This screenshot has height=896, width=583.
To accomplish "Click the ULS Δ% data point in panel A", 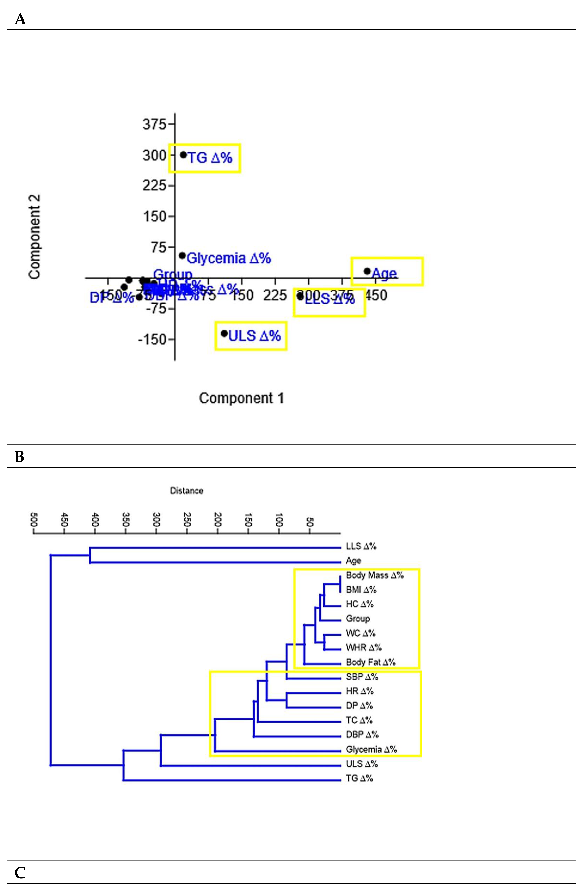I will (x=224, y=333).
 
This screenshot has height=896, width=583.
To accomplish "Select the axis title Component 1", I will (x=241, y=398).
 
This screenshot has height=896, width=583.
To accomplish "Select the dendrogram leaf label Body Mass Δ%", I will (x=374, y=575).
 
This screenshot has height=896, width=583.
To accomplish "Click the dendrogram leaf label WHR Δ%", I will (x=363, y=648).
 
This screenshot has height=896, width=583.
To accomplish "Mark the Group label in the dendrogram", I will (x=358, y=619).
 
